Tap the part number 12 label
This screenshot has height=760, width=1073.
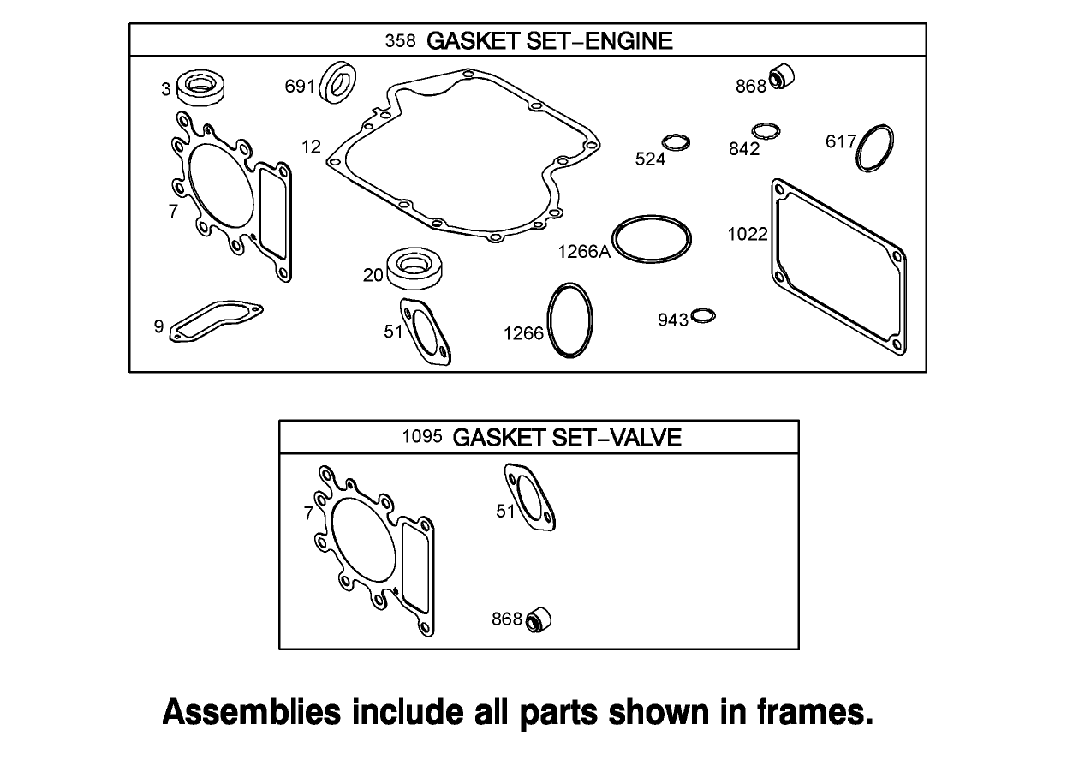pos(311,147)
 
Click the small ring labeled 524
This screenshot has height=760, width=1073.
pos(677,142)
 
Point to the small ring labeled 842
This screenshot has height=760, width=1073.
pos(766,131)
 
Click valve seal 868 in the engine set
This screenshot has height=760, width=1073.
pos(781,77)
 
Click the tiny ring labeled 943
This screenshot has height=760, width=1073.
pos(703,316)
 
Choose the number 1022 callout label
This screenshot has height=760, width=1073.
pos(747,234)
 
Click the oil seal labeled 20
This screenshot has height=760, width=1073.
pos(414,268)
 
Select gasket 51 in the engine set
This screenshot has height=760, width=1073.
pos(425,332)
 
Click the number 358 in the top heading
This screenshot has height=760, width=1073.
pos(400,40)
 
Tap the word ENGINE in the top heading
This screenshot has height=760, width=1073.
pos(629,40)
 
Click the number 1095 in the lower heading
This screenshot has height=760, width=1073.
pos(421,437)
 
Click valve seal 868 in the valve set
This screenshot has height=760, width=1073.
pos(539,619)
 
